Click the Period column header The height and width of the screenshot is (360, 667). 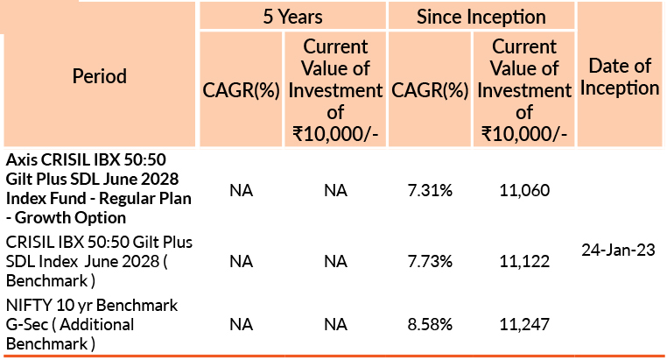(98, 76)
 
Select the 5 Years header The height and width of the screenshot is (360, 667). (291, 16)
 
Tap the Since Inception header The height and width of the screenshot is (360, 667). (481, 16)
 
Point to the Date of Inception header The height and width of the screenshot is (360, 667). (620, 76)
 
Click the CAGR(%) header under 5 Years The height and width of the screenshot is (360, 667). (241, 90)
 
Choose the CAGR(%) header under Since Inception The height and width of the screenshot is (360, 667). (431, 90)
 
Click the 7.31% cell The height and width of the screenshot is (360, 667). (431, 190)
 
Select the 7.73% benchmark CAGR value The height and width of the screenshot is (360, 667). (431, 260)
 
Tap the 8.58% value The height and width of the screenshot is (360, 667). (431, 325)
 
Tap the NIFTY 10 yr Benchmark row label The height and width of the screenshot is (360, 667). (92, 325)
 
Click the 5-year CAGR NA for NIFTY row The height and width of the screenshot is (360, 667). (241, 325)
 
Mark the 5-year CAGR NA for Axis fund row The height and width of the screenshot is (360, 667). (241, 190)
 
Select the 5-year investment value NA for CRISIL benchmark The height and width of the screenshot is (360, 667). (335, 260)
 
